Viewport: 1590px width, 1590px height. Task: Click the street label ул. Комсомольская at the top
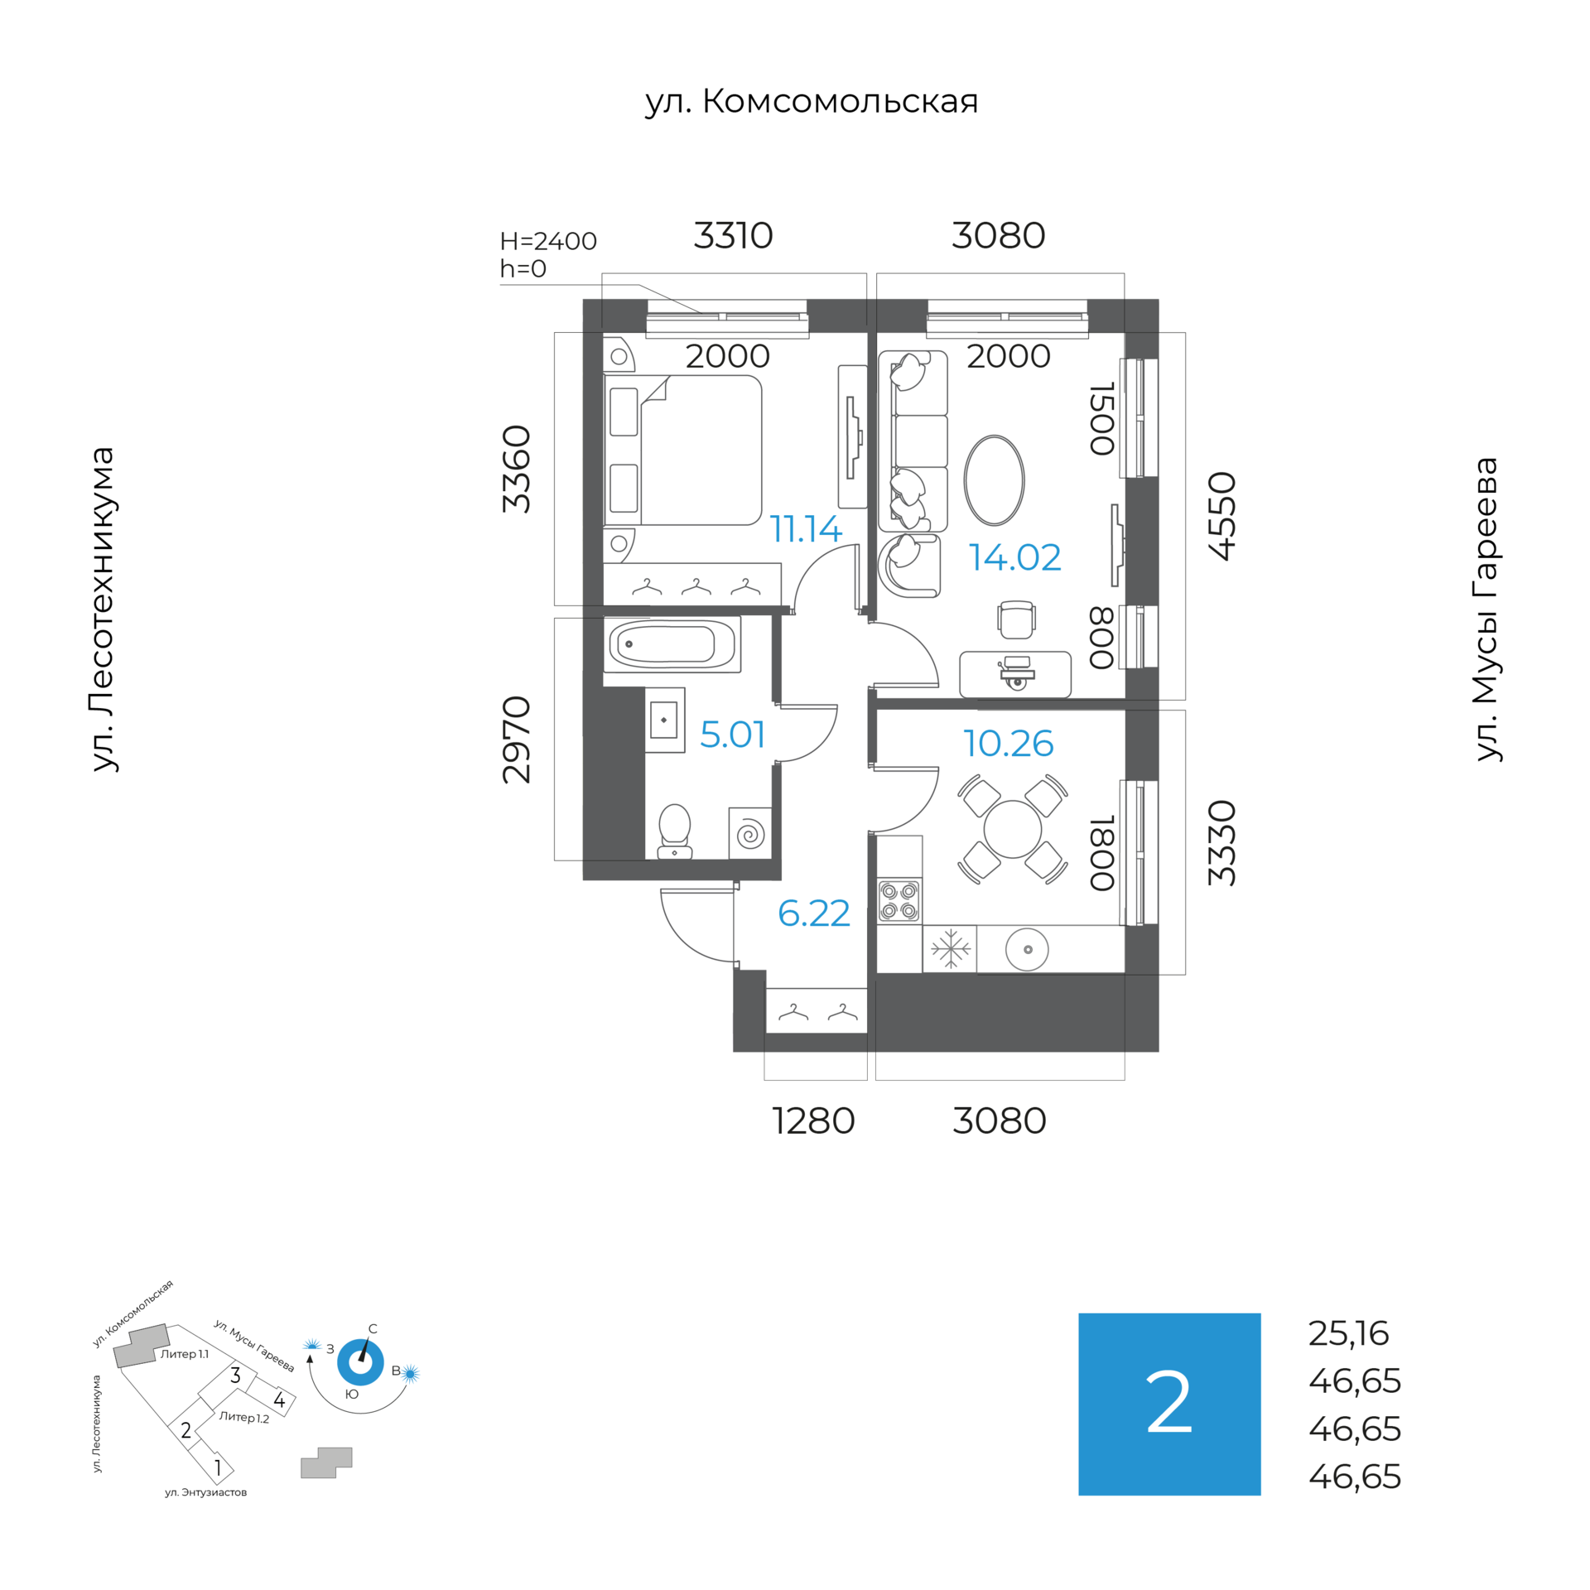pos(811,102)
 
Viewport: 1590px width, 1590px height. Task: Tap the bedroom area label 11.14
pos(805,529)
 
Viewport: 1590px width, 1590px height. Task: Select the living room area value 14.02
pos(1014,557)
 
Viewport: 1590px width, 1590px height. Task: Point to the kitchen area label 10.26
pos(1008,744)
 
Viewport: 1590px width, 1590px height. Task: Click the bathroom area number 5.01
pos(732,735)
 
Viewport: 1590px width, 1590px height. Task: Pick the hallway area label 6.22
pos(813,913)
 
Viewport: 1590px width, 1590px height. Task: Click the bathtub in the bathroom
pos(671,644)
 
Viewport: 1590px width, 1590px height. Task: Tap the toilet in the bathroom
pos(674,830)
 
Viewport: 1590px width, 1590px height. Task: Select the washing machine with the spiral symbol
pos(750,833)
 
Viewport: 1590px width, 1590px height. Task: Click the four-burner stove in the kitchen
pos(899,901)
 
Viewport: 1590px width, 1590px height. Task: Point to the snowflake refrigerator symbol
pos(950,949)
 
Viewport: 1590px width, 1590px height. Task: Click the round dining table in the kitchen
pos(1012,830)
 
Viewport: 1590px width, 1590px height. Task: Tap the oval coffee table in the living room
pos(994,480)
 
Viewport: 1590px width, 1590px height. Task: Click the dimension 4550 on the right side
pos(1222,516)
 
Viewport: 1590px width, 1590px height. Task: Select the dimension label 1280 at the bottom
pos(813,1121)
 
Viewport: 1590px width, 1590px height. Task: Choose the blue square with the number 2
pos(1168,1404)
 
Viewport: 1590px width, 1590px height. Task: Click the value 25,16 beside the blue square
pos(1348,1333)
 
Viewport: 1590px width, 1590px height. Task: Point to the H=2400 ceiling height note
pos(548,241)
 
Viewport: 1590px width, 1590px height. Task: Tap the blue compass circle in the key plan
pos(360,1362)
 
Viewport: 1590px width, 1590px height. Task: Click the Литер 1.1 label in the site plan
pos(184,1354)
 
